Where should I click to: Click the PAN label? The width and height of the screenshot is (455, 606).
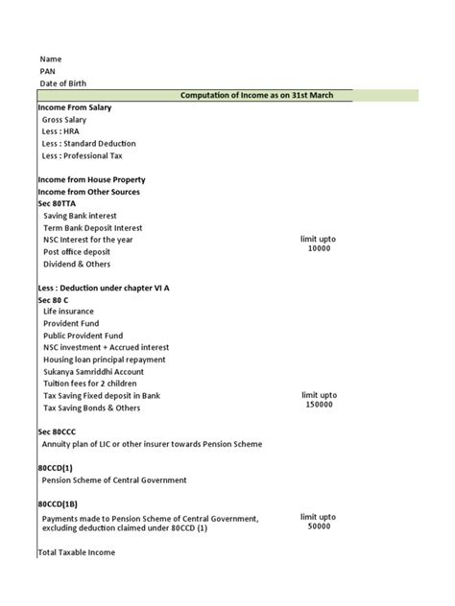(48, 72)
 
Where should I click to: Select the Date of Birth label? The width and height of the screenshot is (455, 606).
(63, 84)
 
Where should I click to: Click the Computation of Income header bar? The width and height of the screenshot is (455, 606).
(267, 96)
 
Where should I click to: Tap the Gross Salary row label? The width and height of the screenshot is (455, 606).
(64, 120)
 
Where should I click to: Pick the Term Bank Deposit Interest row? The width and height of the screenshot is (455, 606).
(92, 228)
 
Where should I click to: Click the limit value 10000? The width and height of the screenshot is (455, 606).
(319, 248)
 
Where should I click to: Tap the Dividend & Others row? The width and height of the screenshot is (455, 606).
(77, 264)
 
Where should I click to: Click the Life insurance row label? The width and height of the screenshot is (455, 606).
(70, 312)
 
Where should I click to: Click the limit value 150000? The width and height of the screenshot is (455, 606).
(319, 405)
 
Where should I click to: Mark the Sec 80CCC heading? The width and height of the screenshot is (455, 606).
(57, 431)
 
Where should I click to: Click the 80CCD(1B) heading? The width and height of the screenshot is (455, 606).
(60, 503)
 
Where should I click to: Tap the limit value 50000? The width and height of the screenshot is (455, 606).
(319, 525)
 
